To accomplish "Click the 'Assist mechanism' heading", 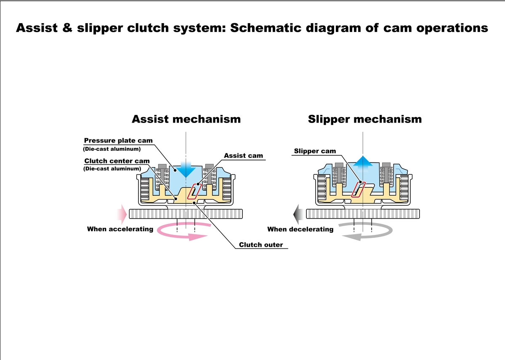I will (x=186, y=119).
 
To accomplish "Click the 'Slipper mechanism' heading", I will (x=364, y=119).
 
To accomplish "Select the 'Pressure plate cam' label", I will (x=118, y=141).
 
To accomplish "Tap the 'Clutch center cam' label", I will (x=117, y=161).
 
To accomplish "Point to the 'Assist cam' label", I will (x=243, y=156).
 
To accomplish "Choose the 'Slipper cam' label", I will (x=315, y=151).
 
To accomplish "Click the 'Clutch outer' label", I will (x=261, y=245).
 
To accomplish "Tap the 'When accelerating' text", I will (x=120, y=229).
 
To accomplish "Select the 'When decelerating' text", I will (x=300, y=229).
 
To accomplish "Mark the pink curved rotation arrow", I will (x=183, y=232).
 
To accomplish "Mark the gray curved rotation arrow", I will (x=367, y=232).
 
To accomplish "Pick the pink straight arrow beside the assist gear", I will (x=122, y=214).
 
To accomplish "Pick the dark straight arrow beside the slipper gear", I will (x=298, y=214).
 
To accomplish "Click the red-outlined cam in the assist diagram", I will (x=194, y=191).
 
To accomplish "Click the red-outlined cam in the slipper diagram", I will (x=358, y=189).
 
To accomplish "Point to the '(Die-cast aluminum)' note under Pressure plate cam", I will (x=112, y=149).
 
